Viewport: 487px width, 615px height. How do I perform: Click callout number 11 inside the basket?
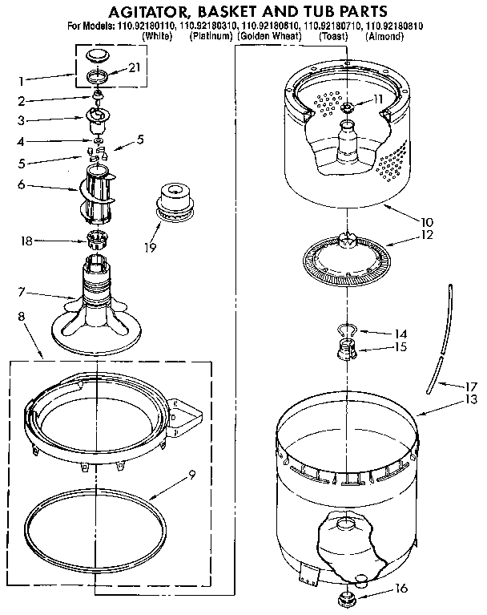pyautogui.click(x=378, y=99)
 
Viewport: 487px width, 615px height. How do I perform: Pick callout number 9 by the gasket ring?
pyautogui.click(x=191, y=474)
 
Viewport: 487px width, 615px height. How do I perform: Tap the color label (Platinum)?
pyautogui.click(x=211, y=37)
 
